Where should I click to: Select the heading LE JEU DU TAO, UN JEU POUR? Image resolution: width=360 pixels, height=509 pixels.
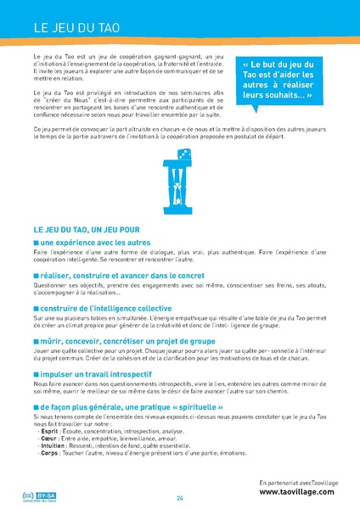point(87,230)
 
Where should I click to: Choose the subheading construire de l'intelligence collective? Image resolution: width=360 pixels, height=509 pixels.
point(109,308)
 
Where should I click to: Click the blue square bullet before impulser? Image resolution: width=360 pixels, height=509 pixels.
point(37,373)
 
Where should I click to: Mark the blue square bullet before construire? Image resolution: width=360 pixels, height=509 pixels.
point(37,309)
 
